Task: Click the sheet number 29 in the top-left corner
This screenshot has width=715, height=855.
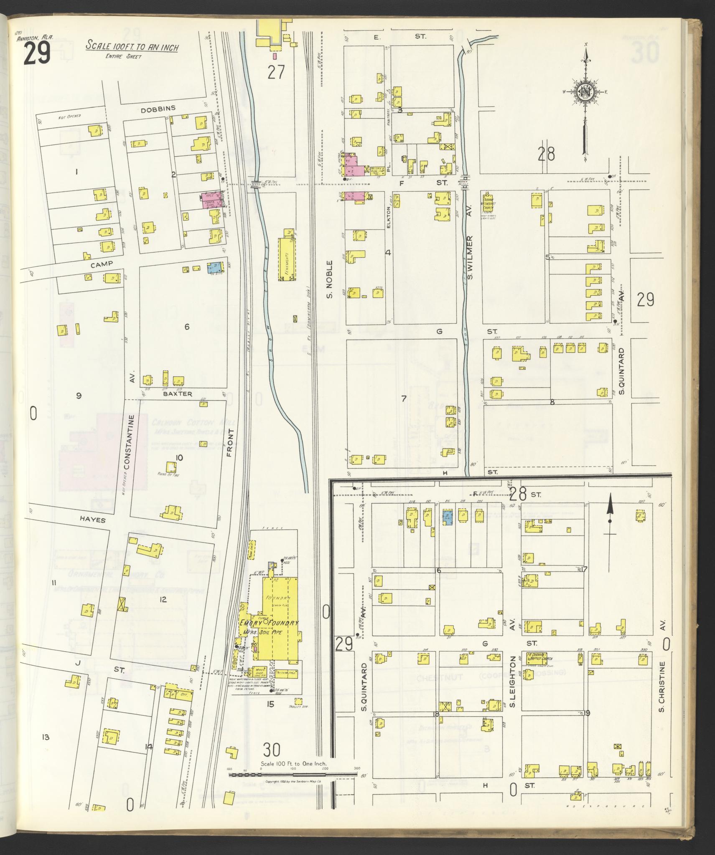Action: click(x=37, y=54)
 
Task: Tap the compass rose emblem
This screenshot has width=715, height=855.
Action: click(x=585, y=92)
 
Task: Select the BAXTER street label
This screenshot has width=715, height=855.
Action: click(x=178, y=394)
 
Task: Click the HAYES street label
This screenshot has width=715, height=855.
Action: click(x=91, y=520)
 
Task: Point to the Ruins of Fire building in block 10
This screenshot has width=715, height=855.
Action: click(x=171, y=467)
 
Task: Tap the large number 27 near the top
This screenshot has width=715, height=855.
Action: click(x=276, y=72)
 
